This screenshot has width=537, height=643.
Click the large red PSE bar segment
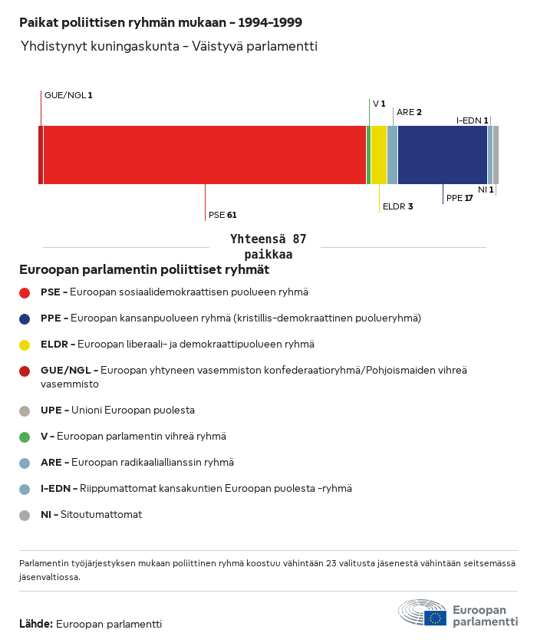click(205, 155)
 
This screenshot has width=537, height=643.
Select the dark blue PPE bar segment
click(443, 155)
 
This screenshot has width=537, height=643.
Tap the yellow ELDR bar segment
click(379, 155)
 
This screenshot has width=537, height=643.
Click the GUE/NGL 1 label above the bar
click(68, 95)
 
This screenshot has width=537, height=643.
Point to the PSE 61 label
click(222, 215)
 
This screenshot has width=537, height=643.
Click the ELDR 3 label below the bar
click(397, 206)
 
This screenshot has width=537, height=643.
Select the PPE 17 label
click(460, 198)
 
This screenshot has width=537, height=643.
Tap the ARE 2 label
click(409, 112)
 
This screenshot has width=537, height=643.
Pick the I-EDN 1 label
click(473, 120)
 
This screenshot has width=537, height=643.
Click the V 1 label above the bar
click(379, 104)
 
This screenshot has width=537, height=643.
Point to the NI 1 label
click(486, 190)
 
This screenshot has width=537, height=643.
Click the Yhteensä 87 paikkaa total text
click(268, 246)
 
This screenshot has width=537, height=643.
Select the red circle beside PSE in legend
click(25, 292)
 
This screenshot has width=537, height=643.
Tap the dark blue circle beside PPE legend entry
click(25, 318)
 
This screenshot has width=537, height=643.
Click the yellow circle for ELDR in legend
click(25, 345)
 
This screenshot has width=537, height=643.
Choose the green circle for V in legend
click(25, 437)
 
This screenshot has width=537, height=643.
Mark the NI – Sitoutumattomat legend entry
click(91, 515)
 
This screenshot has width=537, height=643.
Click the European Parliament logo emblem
click(422, 614)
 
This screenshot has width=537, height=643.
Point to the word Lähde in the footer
click(35, 624)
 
